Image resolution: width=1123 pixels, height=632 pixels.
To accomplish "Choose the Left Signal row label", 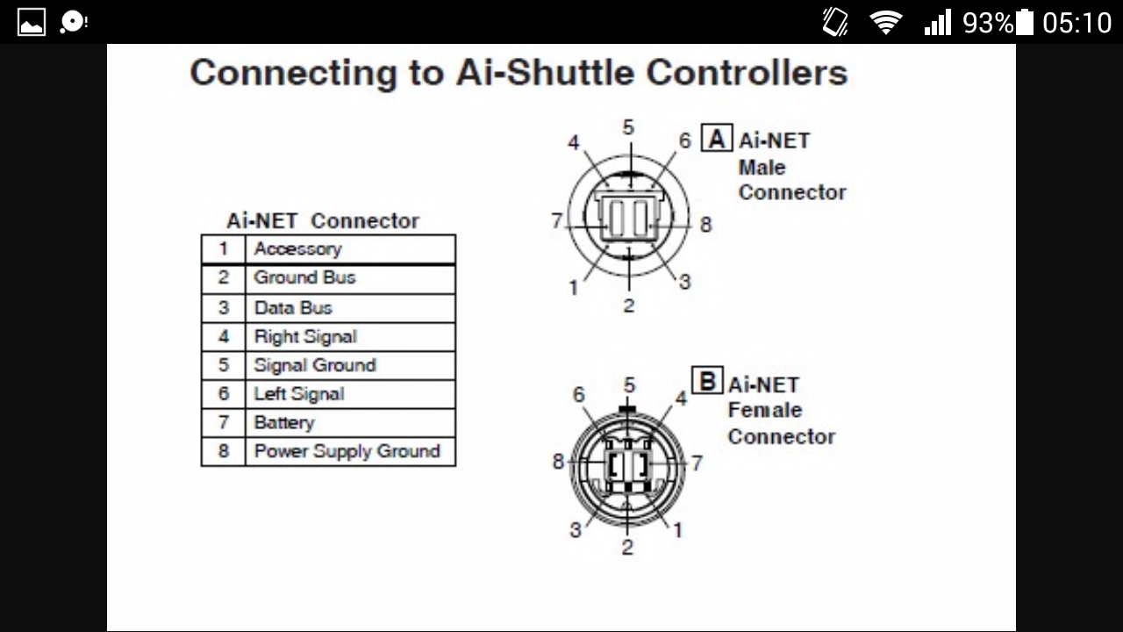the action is (299, 394).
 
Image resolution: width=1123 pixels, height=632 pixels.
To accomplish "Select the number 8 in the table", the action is (223, 451).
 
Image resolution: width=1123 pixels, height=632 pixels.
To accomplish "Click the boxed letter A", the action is (717, 138).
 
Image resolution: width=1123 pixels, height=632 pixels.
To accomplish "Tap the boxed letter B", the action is (707, 381).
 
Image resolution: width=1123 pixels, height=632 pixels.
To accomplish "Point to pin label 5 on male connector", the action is (628, 127).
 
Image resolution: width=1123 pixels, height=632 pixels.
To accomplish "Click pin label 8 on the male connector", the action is (706, 224).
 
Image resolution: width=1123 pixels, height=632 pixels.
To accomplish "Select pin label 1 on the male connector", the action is (574, 288).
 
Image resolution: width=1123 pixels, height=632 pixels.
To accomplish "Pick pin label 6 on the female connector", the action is (578, 395).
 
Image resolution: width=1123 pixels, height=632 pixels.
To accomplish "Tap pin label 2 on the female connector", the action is (627, 547).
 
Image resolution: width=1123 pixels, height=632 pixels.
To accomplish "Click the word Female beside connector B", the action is (765, 410).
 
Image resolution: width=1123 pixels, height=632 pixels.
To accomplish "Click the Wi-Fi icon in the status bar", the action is (886, 23).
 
